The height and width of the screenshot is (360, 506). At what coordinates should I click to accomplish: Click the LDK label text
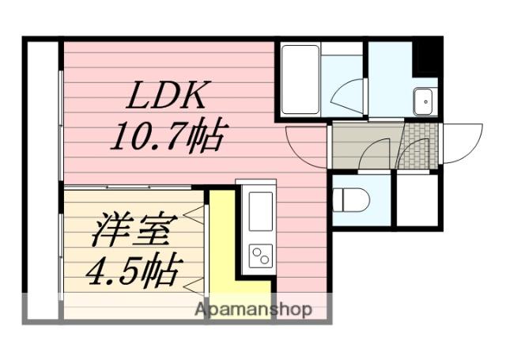166,95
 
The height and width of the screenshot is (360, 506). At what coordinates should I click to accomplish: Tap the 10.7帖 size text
168,135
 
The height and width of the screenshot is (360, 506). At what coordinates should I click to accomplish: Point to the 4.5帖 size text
134,271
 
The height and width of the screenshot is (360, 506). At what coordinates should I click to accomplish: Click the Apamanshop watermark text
254,310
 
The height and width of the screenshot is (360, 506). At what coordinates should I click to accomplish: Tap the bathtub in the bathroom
300,79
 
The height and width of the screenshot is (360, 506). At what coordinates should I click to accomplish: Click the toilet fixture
351,200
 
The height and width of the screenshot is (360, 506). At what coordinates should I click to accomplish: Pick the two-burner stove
261,256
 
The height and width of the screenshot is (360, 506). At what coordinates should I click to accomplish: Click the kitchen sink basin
261,211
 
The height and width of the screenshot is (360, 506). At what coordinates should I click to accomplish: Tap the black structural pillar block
428,57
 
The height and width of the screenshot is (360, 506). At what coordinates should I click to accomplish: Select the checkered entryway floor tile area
418,146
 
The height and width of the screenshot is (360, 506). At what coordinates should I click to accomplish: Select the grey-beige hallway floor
365,146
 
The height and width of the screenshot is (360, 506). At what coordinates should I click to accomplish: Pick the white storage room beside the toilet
417,200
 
